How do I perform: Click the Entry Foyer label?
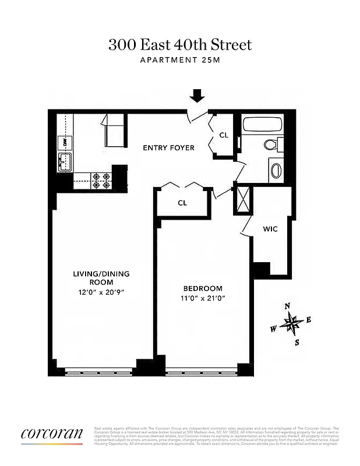pyautogui.click(x=169, y=147)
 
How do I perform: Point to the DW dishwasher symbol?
pyautogui.click(x=63, y=142)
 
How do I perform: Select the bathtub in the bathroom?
pyautogui.click(x=263, y=125)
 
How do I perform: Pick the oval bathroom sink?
pyautogui.click(x=276, y=170)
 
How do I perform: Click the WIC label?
pyautogui.click(x=270, y=229)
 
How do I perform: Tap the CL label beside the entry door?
pyautogui.click(x=224, y=135)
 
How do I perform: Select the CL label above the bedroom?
pyautogui.click(x=182, y=203)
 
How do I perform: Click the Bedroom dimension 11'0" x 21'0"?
pyautogui.click(x=203, y=298)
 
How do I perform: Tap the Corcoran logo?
pyautogui.click(x=52, y=435)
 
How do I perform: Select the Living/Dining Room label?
pyautogui.click(x=101, y=278)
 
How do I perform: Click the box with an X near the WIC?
pyautogui.click(x=240, y=199)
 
